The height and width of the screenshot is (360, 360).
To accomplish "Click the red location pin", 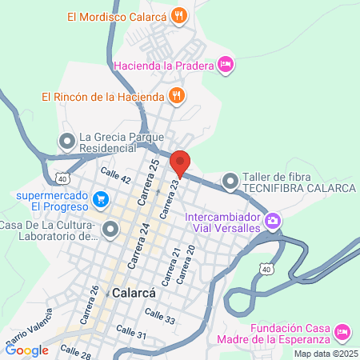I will coord(180,162).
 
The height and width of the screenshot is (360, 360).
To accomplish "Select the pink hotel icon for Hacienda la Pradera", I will coord(226,64).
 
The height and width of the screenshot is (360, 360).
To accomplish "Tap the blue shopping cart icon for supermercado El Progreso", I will coord(101,198).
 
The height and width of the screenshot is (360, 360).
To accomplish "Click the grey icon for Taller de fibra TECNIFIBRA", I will coord(230,182).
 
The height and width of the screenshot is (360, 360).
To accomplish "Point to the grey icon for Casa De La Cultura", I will coord(109,230).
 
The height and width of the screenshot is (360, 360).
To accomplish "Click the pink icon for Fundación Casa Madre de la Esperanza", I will coord(342,330).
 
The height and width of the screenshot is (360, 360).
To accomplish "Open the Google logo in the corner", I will coord(26,350).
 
